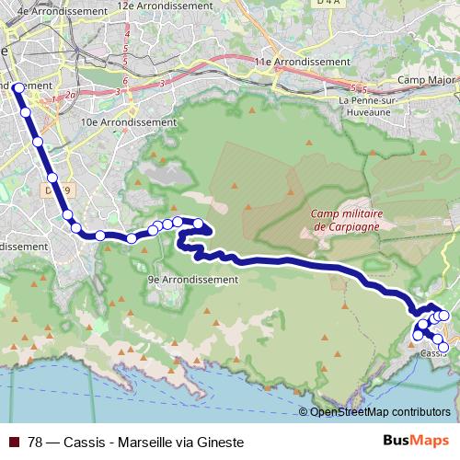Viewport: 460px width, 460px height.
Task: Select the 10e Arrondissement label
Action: click(128, 121)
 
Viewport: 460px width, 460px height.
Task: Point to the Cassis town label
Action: click(433, 353)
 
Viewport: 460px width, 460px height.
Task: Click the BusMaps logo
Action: click(409, 442)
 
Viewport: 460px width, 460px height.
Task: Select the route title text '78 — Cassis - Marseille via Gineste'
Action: click(136, 442)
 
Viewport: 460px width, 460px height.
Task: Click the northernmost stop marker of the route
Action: click(17, 87)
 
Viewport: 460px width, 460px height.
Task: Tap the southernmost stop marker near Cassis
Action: click(444, 348)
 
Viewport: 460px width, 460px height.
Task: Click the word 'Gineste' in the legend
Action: click(222, 442)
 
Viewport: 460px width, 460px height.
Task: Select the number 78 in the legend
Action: click(36, 442)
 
